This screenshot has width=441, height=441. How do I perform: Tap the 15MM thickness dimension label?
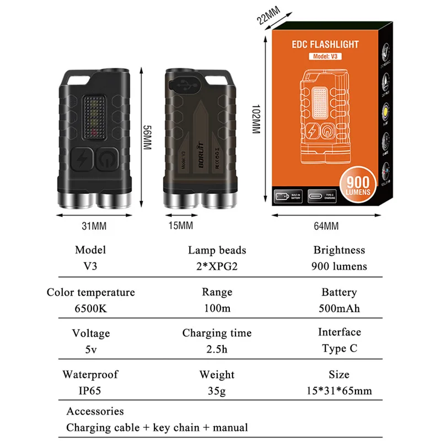pos(180,225)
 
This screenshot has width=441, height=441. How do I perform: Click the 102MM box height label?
pos(255,119)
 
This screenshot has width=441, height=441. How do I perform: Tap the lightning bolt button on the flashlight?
pos(83,160)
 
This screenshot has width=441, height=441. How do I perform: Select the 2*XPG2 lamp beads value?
pos(217,266)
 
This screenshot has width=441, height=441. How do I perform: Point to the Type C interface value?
pos(339,349)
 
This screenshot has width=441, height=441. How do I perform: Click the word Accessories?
pos(95,411)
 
